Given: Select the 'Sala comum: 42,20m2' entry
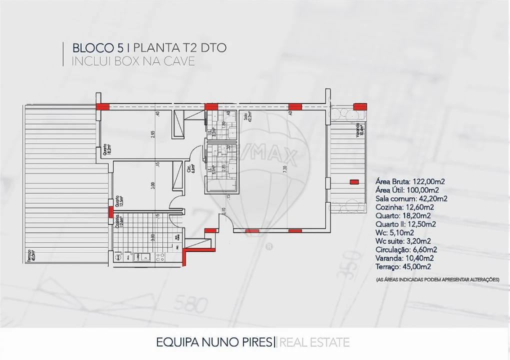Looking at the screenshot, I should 411,198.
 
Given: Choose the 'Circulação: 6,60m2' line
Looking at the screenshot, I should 406,249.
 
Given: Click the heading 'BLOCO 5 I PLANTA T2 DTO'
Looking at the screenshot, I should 149,48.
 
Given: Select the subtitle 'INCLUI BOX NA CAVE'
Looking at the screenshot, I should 133,61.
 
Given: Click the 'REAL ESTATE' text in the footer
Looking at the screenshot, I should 314,342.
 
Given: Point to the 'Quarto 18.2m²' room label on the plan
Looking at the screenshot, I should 106,148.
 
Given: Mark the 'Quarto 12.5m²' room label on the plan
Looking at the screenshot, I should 119,201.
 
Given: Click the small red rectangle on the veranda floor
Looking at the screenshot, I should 354,182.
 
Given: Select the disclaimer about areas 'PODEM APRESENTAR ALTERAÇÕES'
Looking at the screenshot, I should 437,279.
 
